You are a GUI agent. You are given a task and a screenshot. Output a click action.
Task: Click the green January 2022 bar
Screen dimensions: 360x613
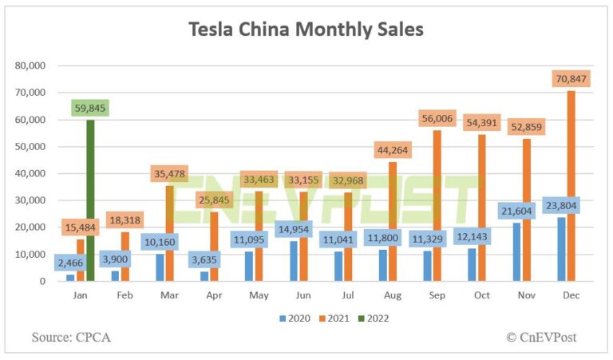point(90,200)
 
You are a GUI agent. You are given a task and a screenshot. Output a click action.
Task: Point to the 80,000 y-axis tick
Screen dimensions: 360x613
point(30,65)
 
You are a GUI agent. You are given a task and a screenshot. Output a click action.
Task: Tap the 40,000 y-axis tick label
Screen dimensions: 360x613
point(30,173)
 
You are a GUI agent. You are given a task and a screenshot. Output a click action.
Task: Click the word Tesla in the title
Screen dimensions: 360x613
point(212,30)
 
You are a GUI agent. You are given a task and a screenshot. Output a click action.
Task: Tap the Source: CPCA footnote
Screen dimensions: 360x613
point(71,337)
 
